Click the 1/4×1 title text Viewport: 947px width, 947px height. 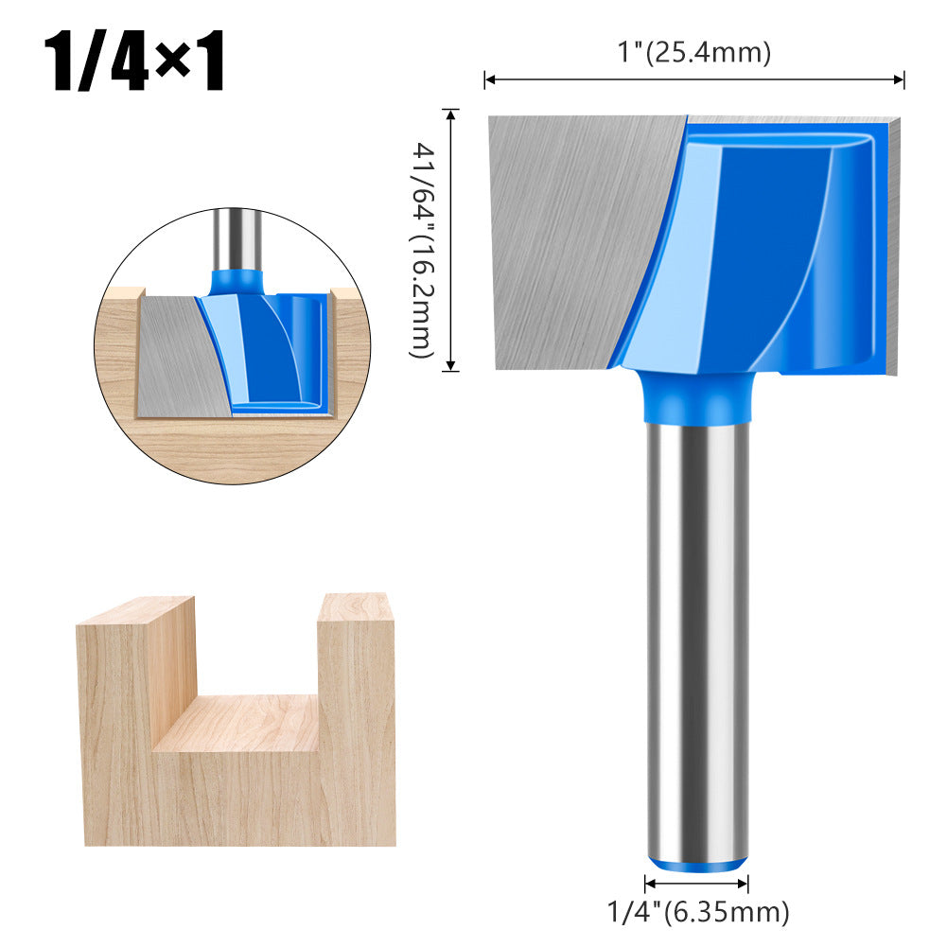(138, 63)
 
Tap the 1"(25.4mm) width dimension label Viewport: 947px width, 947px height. (694, 54)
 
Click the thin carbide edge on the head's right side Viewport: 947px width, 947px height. (894, 246)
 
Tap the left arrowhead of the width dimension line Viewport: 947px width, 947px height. (489, 80)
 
